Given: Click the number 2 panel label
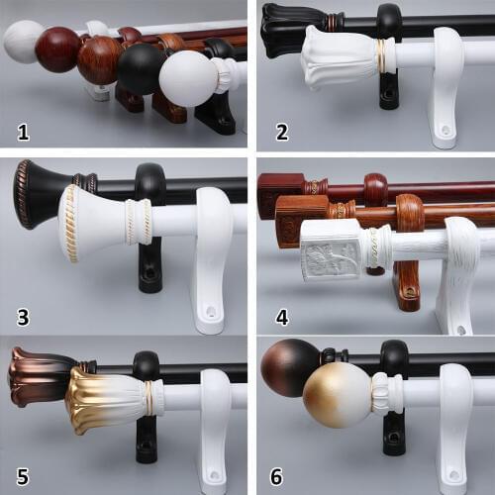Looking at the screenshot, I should pyautogui.click(x=281, y=129).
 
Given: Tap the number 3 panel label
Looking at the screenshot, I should pyautogui.click(x=22, y=318).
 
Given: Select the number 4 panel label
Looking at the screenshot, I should pyautogui.click(x=281, y=318).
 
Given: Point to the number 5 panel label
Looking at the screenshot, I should pyautogui.click(x=21, y=476).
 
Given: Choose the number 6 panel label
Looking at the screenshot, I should pyautogui.click(x=281, y=476).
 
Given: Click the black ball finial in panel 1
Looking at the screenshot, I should pyautogui.click(x=142, y=69).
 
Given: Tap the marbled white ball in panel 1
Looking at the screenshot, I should pyautogui.click(x=24, y=43).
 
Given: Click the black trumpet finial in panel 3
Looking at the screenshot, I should pyautogui.click(x=44, y=192).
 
